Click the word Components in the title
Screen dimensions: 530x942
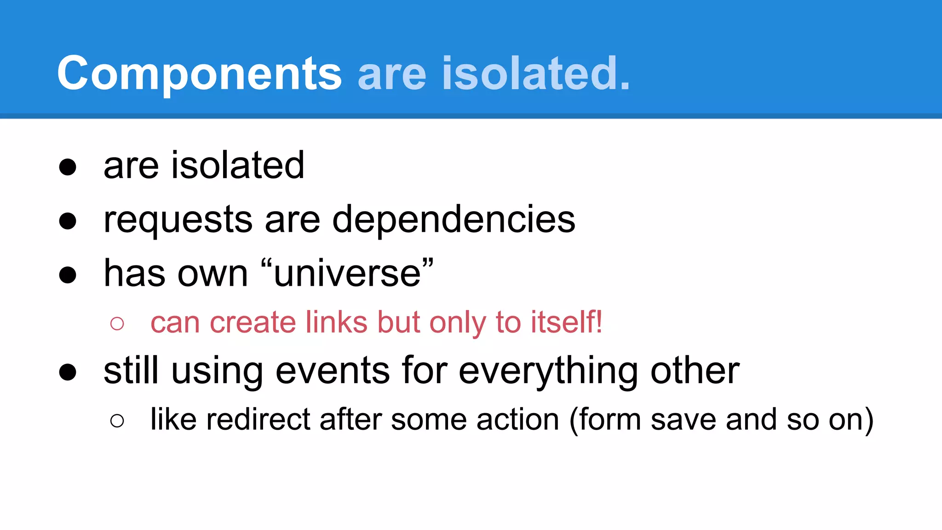tap(199, 74)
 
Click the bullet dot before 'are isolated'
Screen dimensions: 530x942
tap(68, 167)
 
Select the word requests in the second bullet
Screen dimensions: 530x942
tap(178, 220)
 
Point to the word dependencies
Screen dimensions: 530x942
tap(454, 220)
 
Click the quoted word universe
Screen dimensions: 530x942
tap(347, 274)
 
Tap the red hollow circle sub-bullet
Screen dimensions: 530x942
tap(117, 323)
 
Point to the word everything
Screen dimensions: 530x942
tap(548, 372)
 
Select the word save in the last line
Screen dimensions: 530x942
tap(684, 420)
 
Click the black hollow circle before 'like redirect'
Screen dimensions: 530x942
tap(117, 421)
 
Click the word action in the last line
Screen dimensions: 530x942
tap(518, 420)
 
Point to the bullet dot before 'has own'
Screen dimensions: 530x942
tap(68, 275)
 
